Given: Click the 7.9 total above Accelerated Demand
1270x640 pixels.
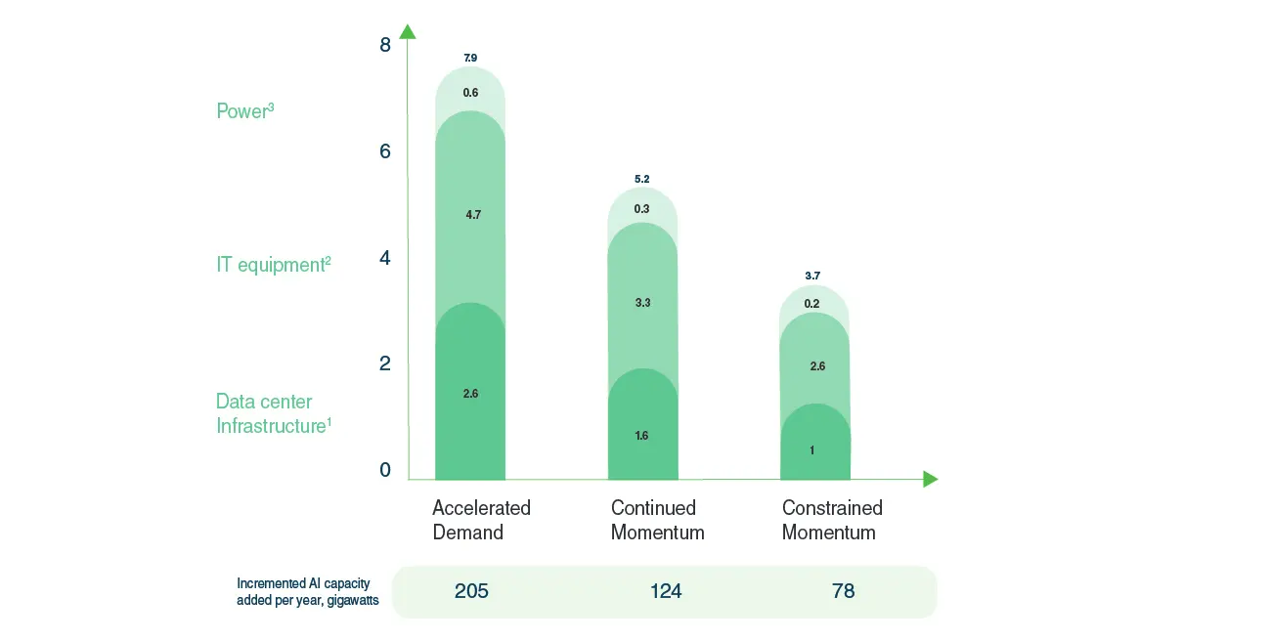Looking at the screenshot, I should (x=470, y=59).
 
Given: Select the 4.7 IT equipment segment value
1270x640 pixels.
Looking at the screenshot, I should (x=473, y=215).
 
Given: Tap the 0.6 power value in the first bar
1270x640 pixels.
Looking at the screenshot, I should (x=470, y=93).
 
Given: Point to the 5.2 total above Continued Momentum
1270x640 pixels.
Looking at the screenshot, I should (x=641, y=180).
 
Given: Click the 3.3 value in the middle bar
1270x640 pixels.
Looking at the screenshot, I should (x=642, y=304).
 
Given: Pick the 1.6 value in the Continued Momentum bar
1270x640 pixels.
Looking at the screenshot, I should (x=641, y=436).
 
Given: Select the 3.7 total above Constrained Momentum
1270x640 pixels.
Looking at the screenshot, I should (x=812, y=277).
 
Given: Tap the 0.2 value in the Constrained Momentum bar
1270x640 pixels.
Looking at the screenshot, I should (x=812, y=304).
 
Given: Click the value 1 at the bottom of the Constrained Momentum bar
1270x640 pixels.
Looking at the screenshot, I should (x=812, y=450).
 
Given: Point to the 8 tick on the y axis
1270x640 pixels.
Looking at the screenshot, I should (x=385, y=45).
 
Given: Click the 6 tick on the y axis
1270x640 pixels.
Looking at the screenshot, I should (x=385, y=151).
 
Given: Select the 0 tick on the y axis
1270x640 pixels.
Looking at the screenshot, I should (x=385, y=470).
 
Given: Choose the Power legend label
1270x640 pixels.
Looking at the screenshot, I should (x=244, y=111).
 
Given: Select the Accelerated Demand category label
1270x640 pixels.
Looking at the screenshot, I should (x=481, y=520).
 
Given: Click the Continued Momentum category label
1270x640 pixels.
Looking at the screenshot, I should (x=657, y=520).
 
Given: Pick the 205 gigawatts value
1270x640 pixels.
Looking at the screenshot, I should (x=470, y=591).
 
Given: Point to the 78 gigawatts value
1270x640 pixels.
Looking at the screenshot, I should (x=842, y=591).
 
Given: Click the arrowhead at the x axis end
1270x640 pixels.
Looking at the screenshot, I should (x=930, y=479).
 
